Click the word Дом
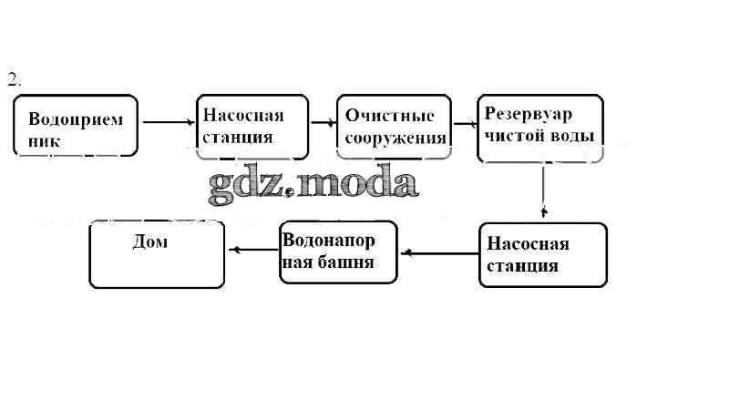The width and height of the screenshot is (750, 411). coord(150,243)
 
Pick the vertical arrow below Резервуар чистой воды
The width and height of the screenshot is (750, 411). coord(544,190)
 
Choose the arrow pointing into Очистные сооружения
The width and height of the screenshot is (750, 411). coord(322,120)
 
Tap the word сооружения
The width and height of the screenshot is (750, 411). coord(396,139)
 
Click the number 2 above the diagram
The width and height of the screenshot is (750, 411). coord(13,78)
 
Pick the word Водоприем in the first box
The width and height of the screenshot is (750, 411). coord(76,119)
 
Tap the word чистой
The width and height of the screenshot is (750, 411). coord(514,136)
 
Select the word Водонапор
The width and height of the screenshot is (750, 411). coord(339,241)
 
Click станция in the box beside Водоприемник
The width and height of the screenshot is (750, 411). coord(238,138)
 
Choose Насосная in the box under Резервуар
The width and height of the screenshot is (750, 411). coord(528,244)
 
